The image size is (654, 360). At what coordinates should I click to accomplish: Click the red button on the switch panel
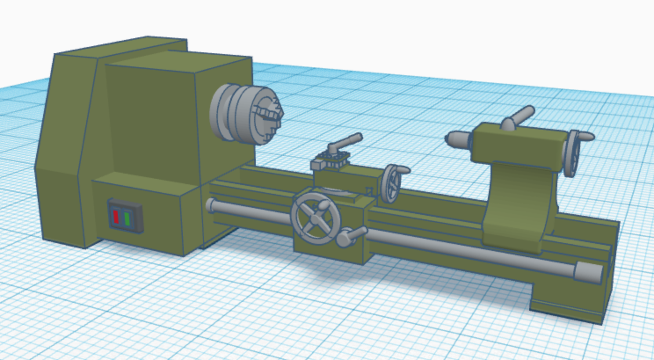[x=116, y=217]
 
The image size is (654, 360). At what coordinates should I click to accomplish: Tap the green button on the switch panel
[x=127, y=218]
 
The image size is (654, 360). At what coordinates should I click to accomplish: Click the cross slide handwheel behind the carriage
[x=390, y=183]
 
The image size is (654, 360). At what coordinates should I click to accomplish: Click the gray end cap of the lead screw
[x=588, y=273]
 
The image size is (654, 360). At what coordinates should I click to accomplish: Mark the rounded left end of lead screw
[x=211, y=205]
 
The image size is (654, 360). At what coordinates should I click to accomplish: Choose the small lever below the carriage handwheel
[x=352, y=236]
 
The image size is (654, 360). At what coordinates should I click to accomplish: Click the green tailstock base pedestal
[x=519, y=207]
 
